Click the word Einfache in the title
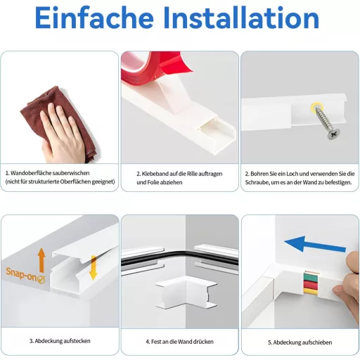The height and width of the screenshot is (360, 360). click(x=94, y=18)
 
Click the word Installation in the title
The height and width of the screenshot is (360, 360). click(x=242, y=18)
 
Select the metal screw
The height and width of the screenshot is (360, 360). click(x=325, y=123)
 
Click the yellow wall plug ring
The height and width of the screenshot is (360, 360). click(x=317, y=107)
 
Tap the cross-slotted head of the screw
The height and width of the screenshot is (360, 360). click(x=334, y=134)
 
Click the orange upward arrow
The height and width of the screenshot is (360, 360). click(x=41, y=260)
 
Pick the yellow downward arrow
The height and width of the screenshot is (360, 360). click(x=94, y=268)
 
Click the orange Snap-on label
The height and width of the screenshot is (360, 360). click(x=25, y=275)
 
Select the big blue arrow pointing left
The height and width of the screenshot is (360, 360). click(x=315, y=244)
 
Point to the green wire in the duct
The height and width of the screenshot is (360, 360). click(x=311, y=277)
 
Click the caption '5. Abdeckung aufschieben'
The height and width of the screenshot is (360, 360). click(x=300, y=342)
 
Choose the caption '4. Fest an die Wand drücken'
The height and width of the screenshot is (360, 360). click(x=179, y=342)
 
